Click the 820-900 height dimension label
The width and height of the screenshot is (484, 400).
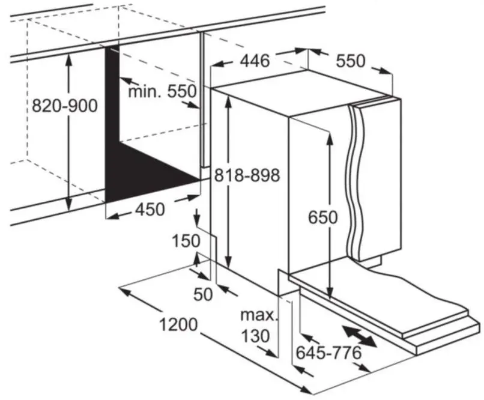[x=64, y=106]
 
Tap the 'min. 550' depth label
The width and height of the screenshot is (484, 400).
[x=163, y=91]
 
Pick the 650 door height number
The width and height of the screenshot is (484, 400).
[x=322, y=217]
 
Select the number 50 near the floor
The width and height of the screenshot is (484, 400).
[x=204, y=295]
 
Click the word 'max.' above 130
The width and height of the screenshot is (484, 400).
[x=259, y=315]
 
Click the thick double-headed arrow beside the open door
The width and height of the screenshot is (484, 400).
[x=359, y=335]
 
